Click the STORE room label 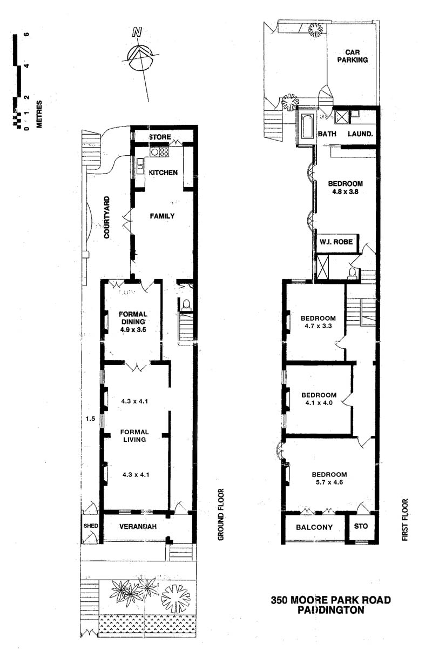[160, 137]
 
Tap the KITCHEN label [163, 173]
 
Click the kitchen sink [140, 165]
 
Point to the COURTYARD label [107, 217]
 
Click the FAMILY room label [162, 216]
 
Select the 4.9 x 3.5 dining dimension [133, 329]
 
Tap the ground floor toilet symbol [186, 305]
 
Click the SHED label [91, 526]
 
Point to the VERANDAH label [138, 526]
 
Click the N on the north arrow [137, 32]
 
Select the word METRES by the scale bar [39, 114]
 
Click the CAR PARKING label [353, 56]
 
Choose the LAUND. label [360, 134]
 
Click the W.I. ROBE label [336, 242]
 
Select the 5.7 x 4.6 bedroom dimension [329, 482]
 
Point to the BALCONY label [314, 527]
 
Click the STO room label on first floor [361, 526]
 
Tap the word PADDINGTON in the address [331, 610]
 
